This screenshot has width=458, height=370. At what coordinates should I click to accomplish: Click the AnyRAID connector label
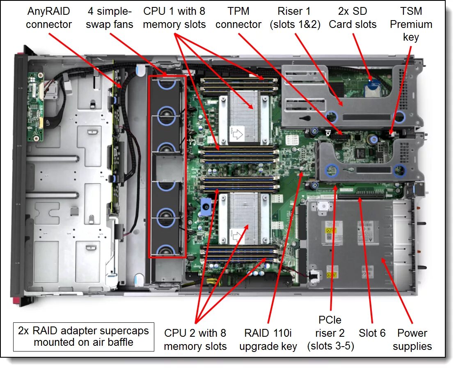tap(48, 18)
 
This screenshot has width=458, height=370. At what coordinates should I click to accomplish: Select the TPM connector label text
tap(238, 18)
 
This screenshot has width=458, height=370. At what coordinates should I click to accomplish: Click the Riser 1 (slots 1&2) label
tap(294, 18)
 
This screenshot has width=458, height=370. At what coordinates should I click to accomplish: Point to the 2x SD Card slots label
tap(352, 18)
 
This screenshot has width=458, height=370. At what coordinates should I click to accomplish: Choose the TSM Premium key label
tap(411, 24)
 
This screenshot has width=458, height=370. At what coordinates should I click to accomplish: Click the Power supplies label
tap(412, 339)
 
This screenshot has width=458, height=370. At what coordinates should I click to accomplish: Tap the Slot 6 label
tap(372, 333)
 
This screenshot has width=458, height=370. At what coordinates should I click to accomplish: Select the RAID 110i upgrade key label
tap(268, 339)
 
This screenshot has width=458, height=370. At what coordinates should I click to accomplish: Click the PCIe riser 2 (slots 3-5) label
tap(330, 333)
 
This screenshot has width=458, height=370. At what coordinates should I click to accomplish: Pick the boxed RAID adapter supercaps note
tap(84, 336)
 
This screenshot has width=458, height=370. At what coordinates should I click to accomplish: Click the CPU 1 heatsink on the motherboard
tap(245, 117)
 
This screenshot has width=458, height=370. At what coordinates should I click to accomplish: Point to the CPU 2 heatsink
tap(245, 218)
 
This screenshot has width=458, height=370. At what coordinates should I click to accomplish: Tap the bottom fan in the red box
tap(167, 250)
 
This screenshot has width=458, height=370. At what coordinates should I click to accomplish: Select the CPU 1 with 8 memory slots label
tap(174, 18)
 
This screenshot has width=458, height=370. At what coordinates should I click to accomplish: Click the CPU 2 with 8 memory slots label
tap(195, 339)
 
